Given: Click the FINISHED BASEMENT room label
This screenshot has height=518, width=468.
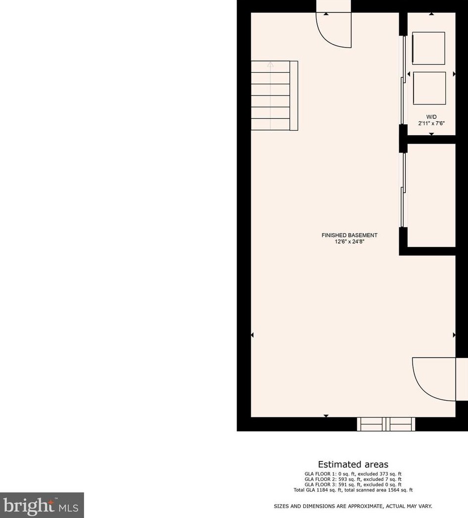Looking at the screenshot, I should pos(349,235).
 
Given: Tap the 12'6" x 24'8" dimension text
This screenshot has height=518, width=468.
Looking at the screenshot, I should pos(349,242).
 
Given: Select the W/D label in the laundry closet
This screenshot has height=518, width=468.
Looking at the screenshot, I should pos(431,116).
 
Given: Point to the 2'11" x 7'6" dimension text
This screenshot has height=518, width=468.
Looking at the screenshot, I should pos(431,123).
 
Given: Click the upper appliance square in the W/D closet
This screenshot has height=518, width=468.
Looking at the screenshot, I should pos(428,48).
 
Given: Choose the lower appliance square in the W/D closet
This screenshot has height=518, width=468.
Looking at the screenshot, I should pos(429,88).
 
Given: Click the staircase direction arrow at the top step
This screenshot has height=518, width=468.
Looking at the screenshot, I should pos(270,64).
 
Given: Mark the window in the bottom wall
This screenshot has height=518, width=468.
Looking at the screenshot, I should pos(386,424).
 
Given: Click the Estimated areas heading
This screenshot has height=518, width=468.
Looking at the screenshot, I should pos(353,465).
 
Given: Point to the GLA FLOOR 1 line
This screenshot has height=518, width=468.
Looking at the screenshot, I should pos(353,474).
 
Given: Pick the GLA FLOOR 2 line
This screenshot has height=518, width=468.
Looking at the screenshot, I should pos(353,479).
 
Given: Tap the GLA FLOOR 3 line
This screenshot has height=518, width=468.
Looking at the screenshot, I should pos(353,485).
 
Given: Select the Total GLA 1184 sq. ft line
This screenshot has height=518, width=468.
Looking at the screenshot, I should pos(353,490).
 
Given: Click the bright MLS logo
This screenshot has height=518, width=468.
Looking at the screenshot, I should pos(42,505).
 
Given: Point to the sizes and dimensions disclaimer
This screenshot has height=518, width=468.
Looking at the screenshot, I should pos(353,506).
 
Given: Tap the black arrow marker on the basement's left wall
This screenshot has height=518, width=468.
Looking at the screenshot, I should pos(252,335).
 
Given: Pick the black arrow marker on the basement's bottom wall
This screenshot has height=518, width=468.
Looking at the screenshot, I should pos(326,415).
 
